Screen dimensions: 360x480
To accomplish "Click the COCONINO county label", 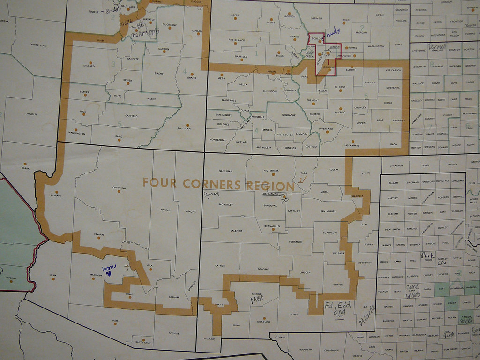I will point(119,187).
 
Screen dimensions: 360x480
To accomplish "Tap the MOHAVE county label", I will point(55,195).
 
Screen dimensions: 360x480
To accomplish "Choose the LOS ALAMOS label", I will point(270,194).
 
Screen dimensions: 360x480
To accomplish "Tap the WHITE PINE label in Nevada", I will point(38,45).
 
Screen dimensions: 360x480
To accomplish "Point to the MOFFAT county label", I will point(235,15).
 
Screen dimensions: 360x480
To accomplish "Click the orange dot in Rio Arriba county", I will point(272,177).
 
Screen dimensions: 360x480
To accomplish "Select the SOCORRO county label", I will point(263,269).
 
